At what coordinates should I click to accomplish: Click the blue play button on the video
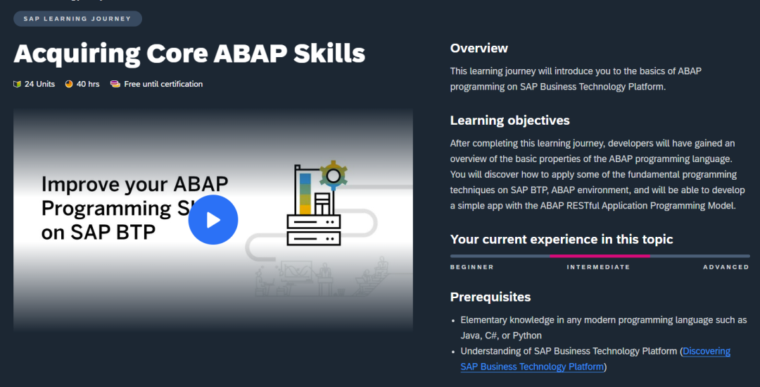tap(213, 220)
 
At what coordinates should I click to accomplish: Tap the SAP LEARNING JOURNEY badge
tap(77, 19)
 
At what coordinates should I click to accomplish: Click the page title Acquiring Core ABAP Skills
tap(189, 53)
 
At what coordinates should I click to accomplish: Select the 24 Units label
tap(39, 84)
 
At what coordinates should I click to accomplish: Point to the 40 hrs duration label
tap(88, 84)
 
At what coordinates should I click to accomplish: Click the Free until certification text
tap(163, 84)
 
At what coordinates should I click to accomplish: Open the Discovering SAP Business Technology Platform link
tap(706, 351)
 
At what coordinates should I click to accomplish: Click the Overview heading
tap(479, 49)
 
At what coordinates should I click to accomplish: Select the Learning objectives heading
tap(509, 121)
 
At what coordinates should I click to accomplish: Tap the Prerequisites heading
tap(490, 297)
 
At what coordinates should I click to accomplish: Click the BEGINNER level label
tap(471, 267)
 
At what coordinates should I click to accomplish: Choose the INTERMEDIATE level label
tap(598, 267)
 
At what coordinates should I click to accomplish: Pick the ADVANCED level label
tap(726, 267)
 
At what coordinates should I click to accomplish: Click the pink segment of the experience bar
tap(600, 256)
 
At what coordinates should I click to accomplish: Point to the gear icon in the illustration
tap(332, 173)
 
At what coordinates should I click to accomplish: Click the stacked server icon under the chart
tap(314, 230)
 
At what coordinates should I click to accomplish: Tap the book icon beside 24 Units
tap(17, 84)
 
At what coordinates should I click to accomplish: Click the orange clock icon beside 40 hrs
tap(69, 84)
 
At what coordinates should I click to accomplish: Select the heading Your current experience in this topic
tap(562, 240)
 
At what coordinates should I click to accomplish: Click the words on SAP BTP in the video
tap(99, 233)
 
